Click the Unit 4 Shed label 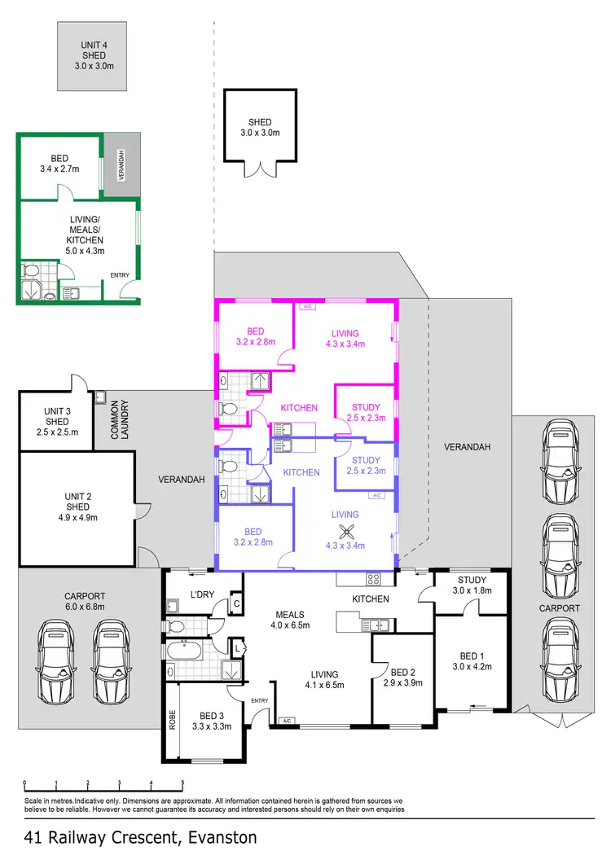coord(92,55)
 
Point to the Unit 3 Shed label coord(57,421)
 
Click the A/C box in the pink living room coord(307,308)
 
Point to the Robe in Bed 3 coord(172,721)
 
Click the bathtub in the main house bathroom coord(185,651)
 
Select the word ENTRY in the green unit coord(119,275)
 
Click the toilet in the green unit coord(32,271)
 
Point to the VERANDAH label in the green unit coord(121,165)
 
